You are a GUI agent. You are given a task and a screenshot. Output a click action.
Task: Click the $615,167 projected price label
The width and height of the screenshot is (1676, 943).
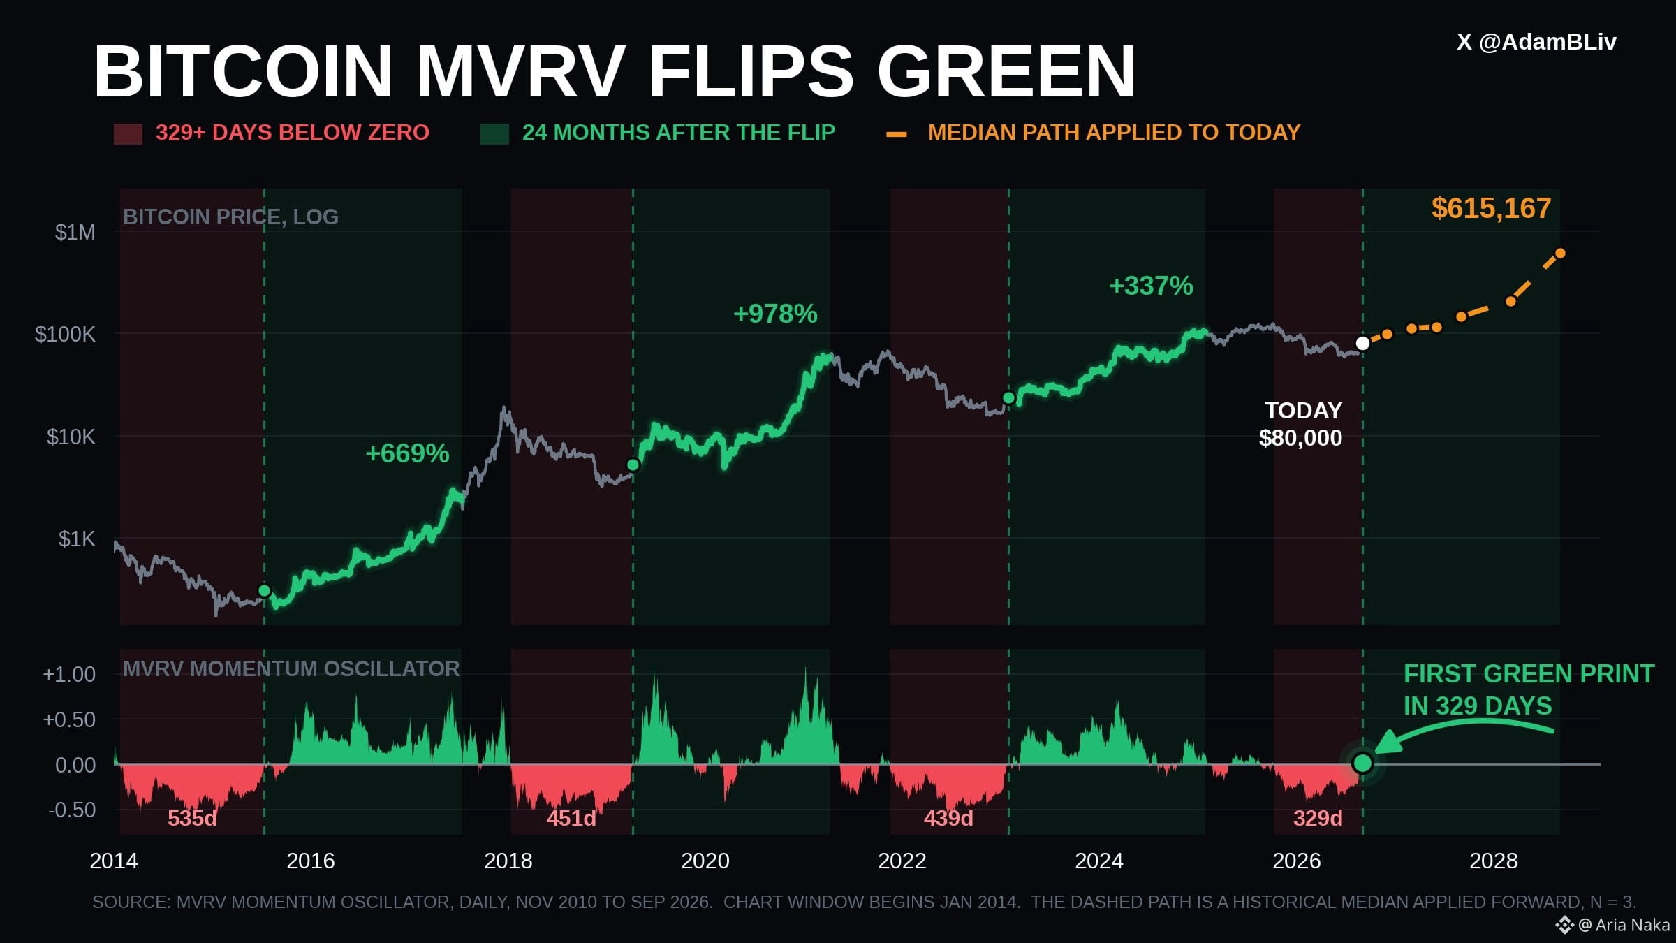(x=1491, y=208)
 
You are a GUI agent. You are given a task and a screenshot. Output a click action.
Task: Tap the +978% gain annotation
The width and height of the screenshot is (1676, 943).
(x=775, y=314)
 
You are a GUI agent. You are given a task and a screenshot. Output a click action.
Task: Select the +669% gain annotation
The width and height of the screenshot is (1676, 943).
(x=407, y=453)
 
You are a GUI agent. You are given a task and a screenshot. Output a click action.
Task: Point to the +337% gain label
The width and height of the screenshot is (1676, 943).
(x=1151, y=286)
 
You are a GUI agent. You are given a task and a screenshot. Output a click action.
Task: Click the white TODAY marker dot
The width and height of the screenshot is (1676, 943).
(x=1362, y=343)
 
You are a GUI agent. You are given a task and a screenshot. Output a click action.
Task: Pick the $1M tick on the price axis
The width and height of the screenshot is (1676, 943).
(x=75, y=232)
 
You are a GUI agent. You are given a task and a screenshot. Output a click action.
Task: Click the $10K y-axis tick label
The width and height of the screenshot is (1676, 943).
(x=71, y=437)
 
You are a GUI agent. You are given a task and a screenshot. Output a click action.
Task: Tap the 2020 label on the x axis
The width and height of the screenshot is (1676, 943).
(x=705, y=861)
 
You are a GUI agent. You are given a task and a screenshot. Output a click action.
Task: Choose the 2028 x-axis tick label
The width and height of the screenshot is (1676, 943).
(x=1494, y=861)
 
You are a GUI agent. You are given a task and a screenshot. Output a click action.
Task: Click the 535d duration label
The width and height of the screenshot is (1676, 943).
(x=192, y=818)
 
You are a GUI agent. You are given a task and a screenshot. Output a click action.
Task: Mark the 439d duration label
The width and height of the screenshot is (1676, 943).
(x=948, y=818)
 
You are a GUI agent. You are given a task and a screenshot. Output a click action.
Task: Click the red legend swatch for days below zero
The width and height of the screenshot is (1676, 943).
(x=128, y=133)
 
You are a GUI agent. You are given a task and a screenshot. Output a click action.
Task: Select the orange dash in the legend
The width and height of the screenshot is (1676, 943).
(x=897, y=134)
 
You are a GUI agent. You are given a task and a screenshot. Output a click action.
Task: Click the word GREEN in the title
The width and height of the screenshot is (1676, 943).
(x=1006, y=71)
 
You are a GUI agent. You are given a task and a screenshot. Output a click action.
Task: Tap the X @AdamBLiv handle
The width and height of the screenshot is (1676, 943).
(x=1536, y=42)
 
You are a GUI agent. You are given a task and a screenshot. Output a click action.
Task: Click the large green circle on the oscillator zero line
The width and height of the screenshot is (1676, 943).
(x=1362, y=763)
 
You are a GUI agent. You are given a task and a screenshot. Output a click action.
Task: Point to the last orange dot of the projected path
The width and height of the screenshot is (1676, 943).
(x=1560, y=254)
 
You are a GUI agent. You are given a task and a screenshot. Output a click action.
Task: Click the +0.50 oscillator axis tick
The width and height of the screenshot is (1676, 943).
(x=69, y=719)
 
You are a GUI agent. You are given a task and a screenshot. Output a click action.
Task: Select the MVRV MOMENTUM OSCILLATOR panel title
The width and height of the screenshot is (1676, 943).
(x=291, y=668)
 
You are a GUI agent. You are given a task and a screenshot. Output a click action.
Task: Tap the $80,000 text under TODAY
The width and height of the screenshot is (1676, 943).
(x=1300, y=438)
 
